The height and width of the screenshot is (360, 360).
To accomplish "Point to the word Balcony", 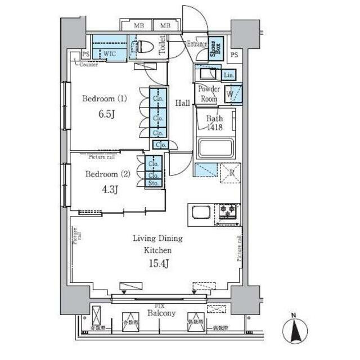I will (x=161, y=313).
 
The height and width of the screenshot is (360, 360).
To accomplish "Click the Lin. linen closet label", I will (x=228, y=75).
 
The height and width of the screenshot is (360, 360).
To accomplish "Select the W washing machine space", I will (x=230, y=94).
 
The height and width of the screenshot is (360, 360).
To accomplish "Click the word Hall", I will (x=182, y=103).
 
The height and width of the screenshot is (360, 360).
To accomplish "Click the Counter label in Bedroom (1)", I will (x=89, y=65).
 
